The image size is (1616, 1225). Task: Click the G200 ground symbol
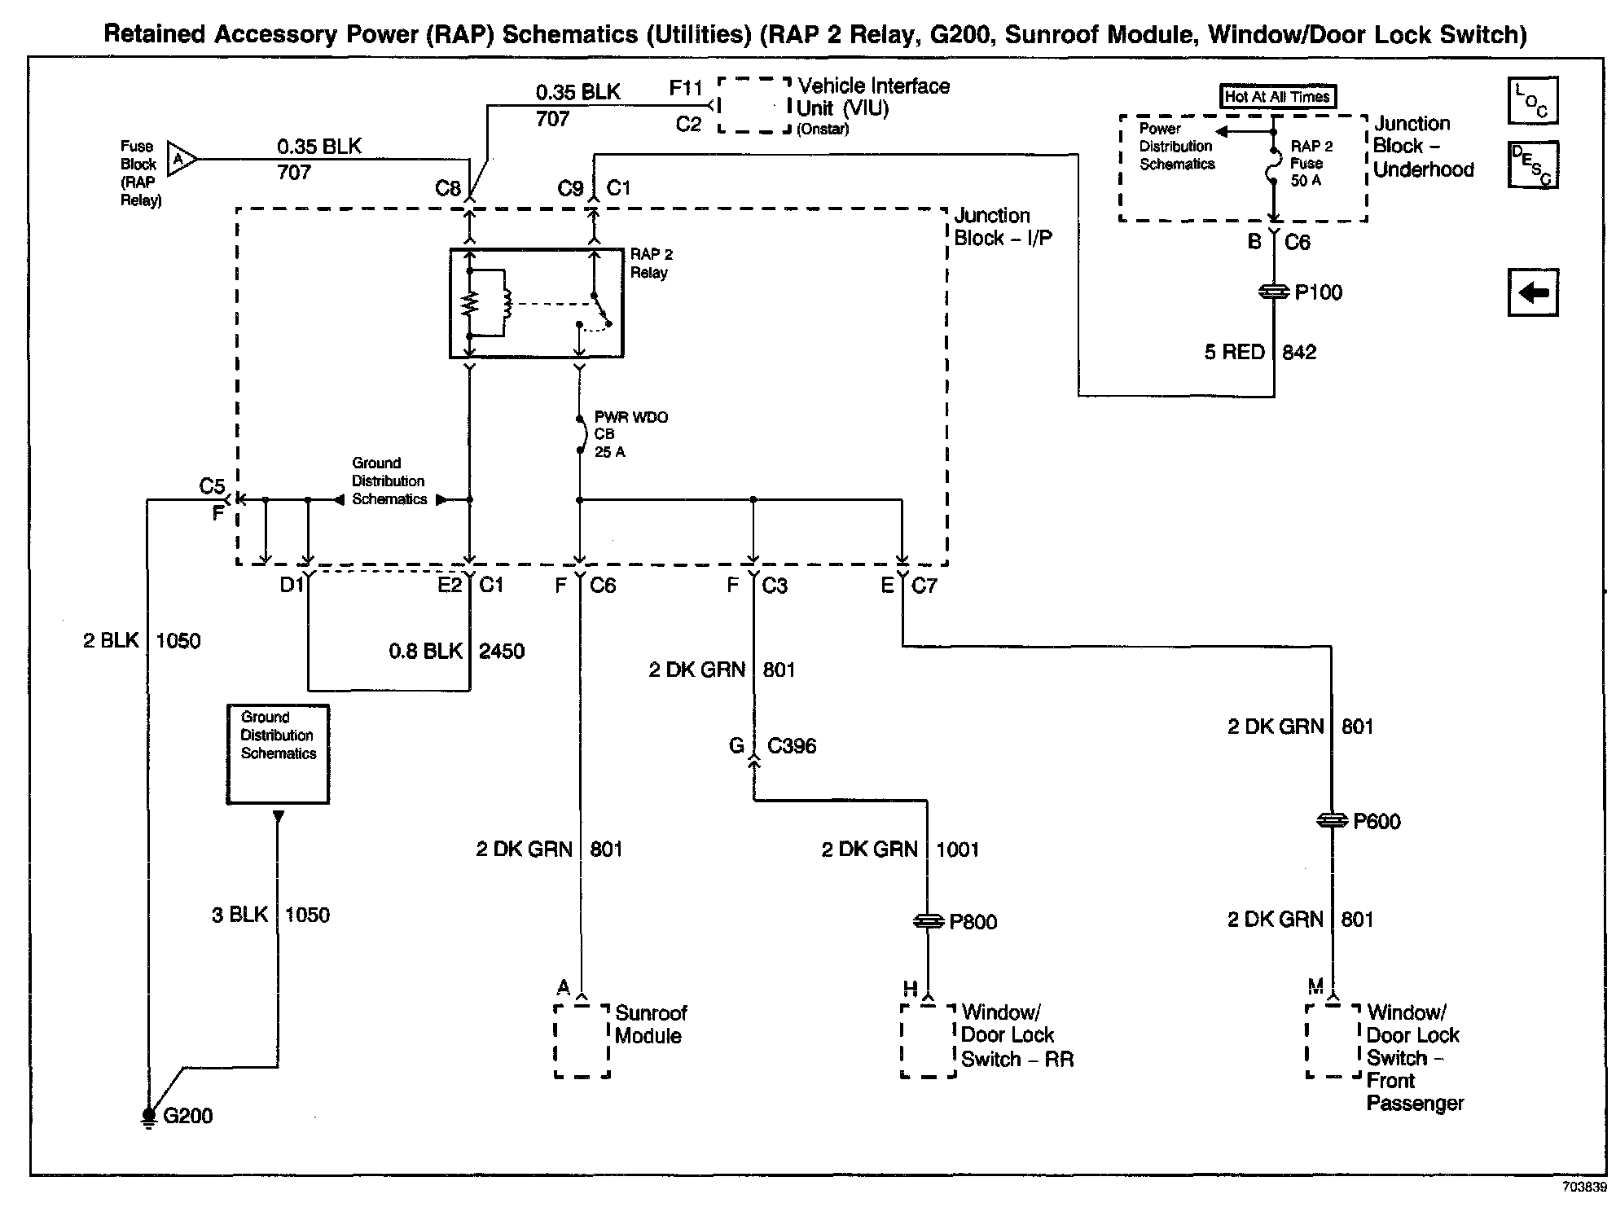[149, 1117]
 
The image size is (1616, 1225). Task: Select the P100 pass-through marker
[1274, 292]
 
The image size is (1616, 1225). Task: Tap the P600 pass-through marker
[1331, 821]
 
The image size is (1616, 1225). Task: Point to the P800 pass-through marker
[928, 921]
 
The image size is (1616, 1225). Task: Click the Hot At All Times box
[1277, 97]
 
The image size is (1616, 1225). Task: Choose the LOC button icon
[1532, 101]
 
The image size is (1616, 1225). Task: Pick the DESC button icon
[1532, 165]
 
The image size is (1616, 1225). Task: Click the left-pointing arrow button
[1533, 292]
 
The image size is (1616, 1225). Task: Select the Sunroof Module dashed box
[582, 1041]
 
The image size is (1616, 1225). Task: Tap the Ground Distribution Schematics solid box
[278, 754]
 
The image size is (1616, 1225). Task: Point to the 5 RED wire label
[1234, 352]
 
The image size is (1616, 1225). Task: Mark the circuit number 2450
[502, 652]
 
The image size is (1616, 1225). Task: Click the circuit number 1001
[957, 850]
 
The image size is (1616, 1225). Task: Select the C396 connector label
[791, 746]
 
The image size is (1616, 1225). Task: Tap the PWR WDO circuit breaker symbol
[580, 435]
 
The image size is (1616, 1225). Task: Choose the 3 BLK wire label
[239, 915]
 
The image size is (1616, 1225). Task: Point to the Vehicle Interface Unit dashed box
[754, 105]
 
